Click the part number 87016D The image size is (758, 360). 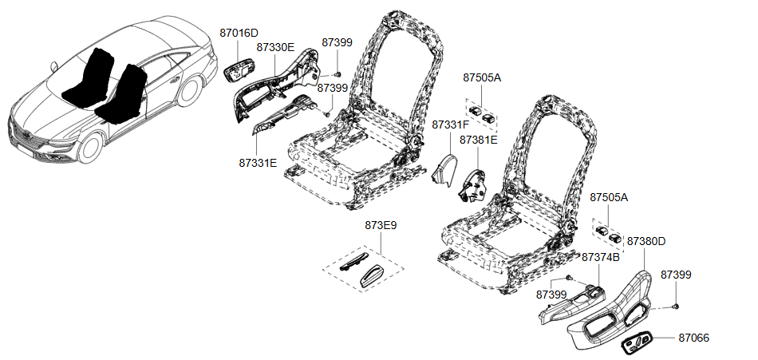239,33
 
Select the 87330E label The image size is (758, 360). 275,47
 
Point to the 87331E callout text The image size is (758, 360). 258,163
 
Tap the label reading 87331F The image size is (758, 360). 451,125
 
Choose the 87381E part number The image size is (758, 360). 478,140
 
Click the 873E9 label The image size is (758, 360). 381,225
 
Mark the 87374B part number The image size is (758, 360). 600,257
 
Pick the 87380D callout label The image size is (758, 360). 645,241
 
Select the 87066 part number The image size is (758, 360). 693,338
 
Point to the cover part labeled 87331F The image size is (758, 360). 444,170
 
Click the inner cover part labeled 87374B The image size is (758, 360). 572,304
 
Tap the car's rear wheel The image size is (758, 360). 189,90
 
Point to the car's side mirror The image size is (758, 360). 53,66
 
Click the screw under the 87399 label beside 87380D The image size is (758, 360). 676,306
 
